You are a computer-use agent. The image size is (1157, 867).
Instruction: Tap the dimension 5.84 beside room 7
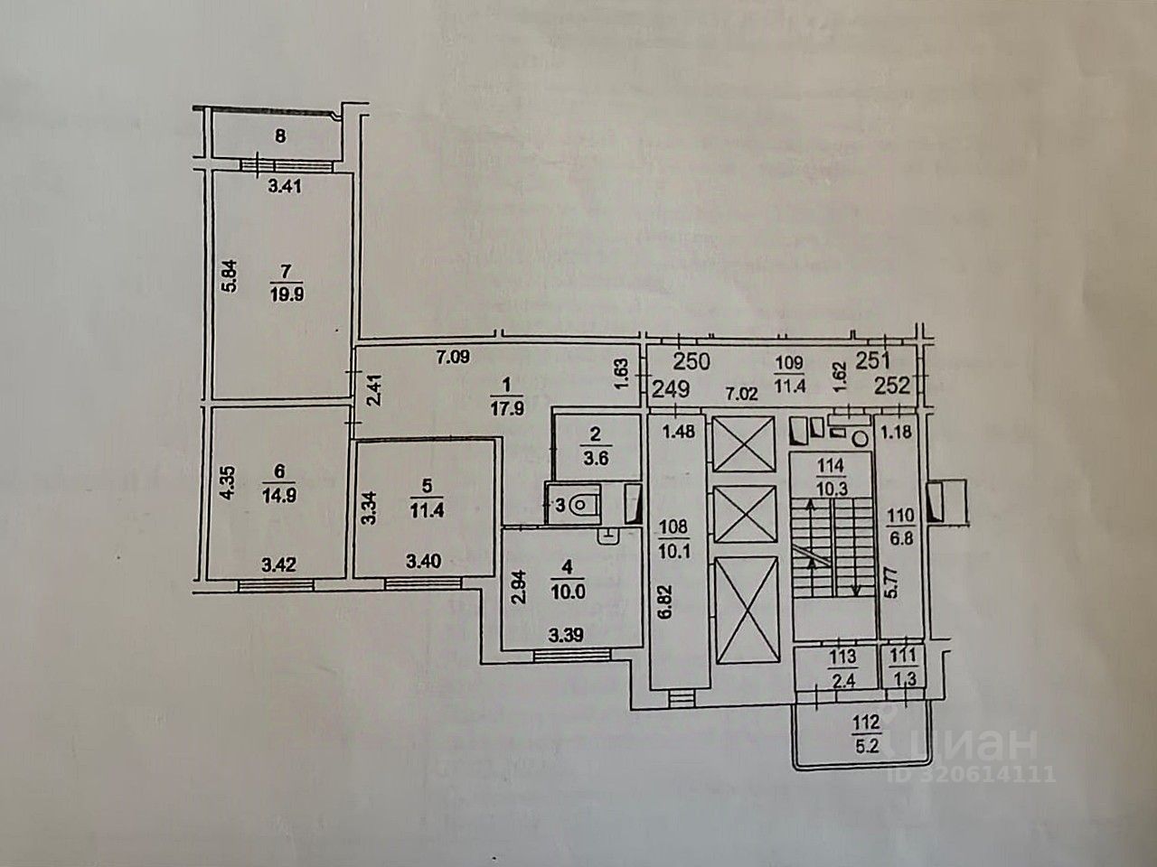click(x=230, y=275)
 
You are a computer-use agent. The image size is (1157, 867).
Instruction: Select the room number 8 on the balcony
click(x=280, y=137)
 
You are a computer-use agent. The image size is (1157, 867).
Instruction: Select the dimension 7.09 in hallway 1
click(x=453, y=356)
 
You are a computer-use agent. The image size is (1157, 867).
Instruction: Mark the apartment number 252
click(x=895, y=387)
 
